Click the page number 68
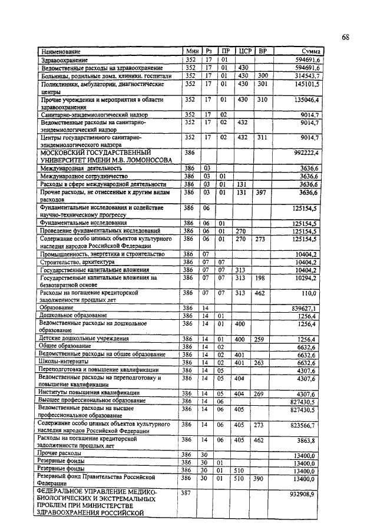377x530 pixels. [x=346, y=37]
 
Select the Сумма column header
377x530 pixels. [x=306, y=52]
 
